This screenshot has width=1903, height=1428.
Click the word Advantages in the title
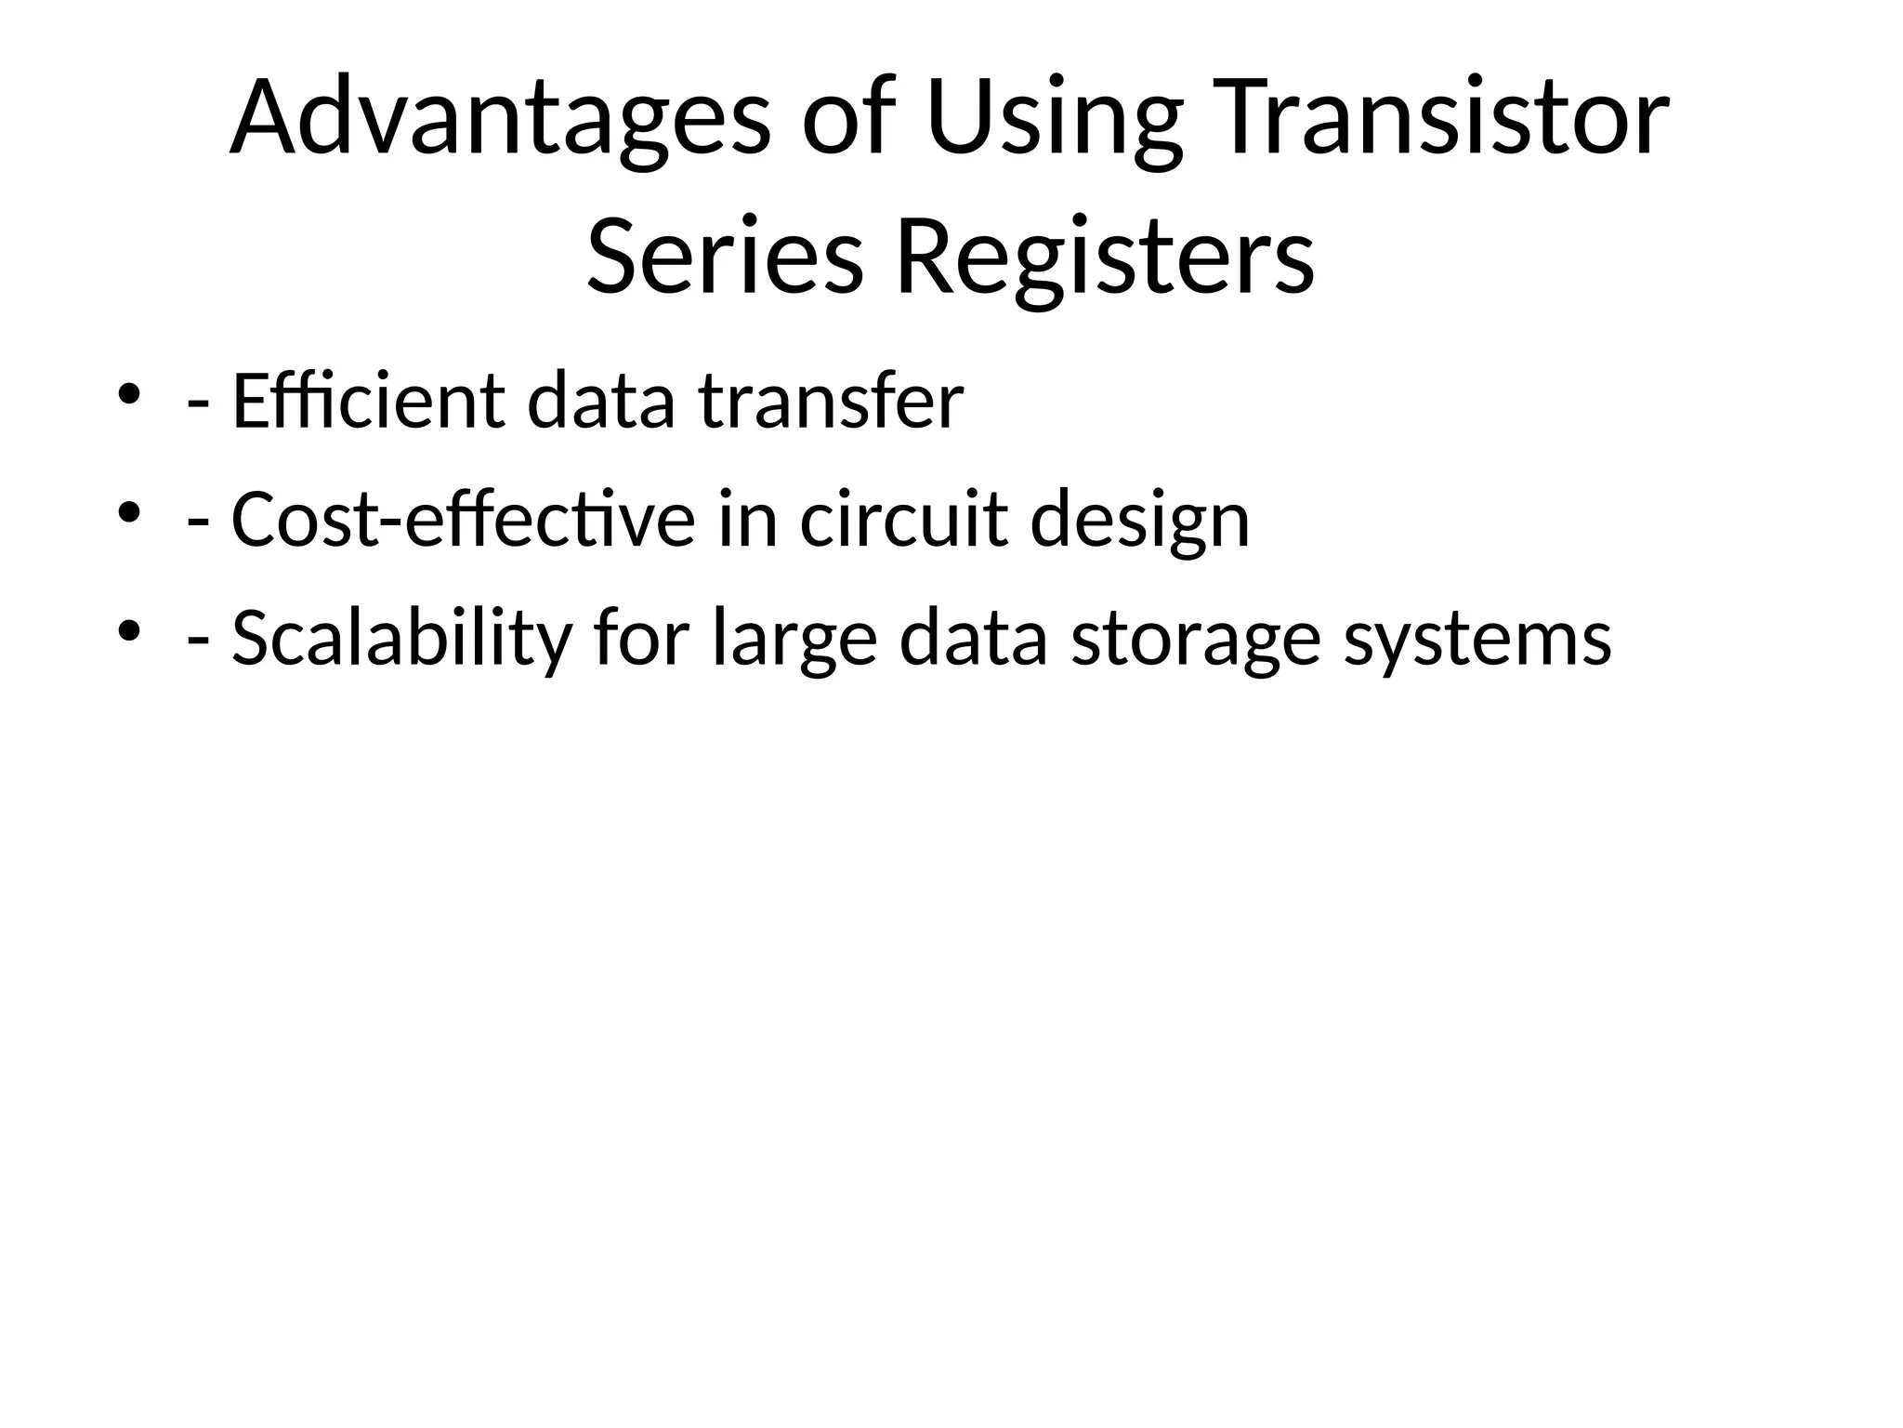[500, 119]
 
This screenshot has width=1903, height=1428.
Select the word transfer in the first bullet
[831, 402]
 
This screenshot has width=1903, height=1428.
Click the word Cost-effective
[463, 520]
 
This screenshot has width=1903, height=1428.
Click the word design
[1139, 520]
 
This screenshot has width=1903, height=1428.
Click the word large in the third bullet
[794, 639]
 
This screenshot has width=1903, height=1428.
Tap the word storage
[1195, 639]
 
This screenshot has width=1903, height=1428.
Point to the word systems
[1477, 639]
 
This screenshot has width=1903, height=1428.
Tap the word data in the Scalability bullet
[973, 639]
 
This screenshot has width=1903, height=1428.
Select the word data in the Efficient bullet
[600, 402]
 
